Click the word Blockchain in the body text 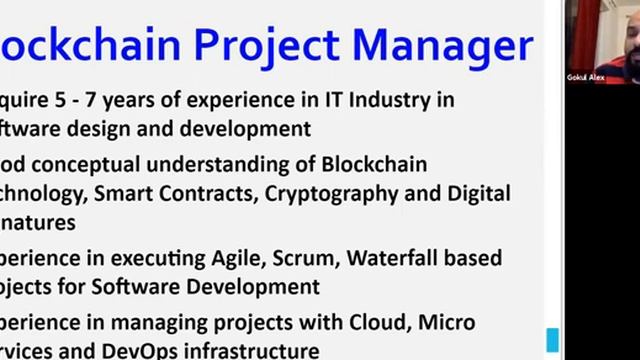click(x=376, y=164)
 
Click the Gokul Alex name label click(x=585, y=77)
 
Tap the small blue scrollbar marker click(x=551, y=339)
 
